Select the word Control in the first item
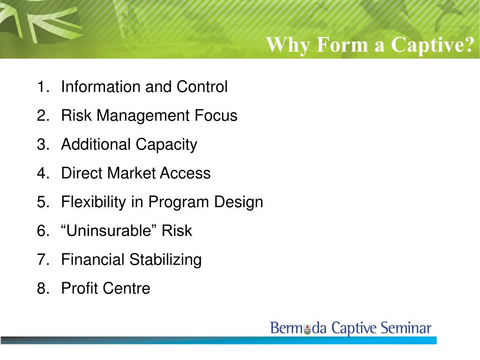coord(202,87)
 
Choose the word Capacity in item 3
coord(167,144)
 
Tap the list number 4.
coord(42,173)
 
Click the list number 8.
coord(42,288)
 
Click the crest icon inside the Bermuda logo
coord(307,330)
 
